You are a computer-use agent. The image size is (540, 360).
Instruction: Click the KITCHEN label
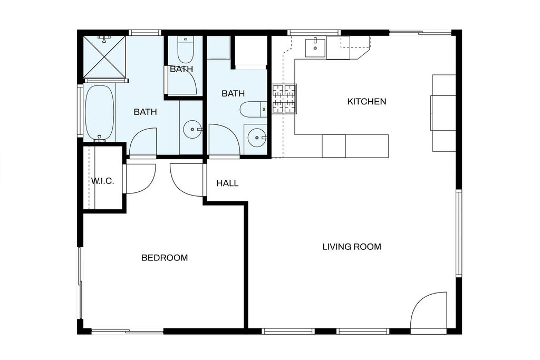pos(367,102)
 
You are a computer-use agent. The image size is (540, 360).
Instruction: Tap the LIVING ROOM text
pos(352,247)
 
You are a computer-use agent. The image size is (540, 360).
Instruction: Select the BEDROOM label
pos(165,258)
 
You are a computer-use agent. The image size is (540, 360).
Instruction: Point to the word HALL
pos(227,183)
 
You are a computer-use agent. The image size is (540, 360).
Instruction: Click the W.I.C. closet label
pos(102,181)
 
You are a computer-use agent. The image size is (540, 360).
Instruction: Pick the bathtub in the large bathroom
pos(99,113)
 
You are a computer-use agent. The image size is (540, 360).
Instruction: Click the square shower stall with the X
pos(104,56)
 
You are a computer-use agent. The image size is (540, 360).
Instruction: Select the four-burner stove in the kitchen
pos(284,99)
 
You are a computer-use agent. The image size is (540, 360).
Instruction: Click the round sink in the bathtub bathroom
pos(192,130)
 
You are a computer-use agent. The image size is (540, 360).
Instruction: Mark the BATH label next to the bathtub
pos(146,112)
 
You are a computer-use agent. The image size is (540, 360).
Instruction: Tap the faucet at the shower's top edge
pos(103,38)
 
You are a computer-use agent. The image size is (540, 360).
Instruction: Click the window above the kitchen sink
pos(314,33)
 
